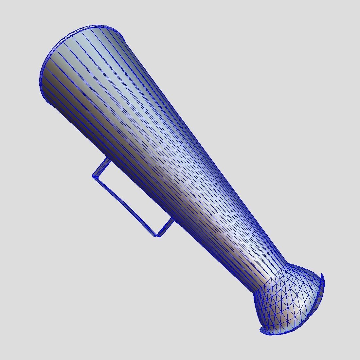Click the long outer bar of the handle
point(124,206)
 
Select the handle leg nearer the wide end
point(100,168)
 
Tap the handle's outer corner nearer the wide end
point(94,176)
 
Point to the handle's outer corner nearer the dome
point(157,235)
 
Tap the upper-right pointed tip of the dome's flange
point(322,277)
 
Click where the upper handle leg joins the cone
point(107,159)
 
